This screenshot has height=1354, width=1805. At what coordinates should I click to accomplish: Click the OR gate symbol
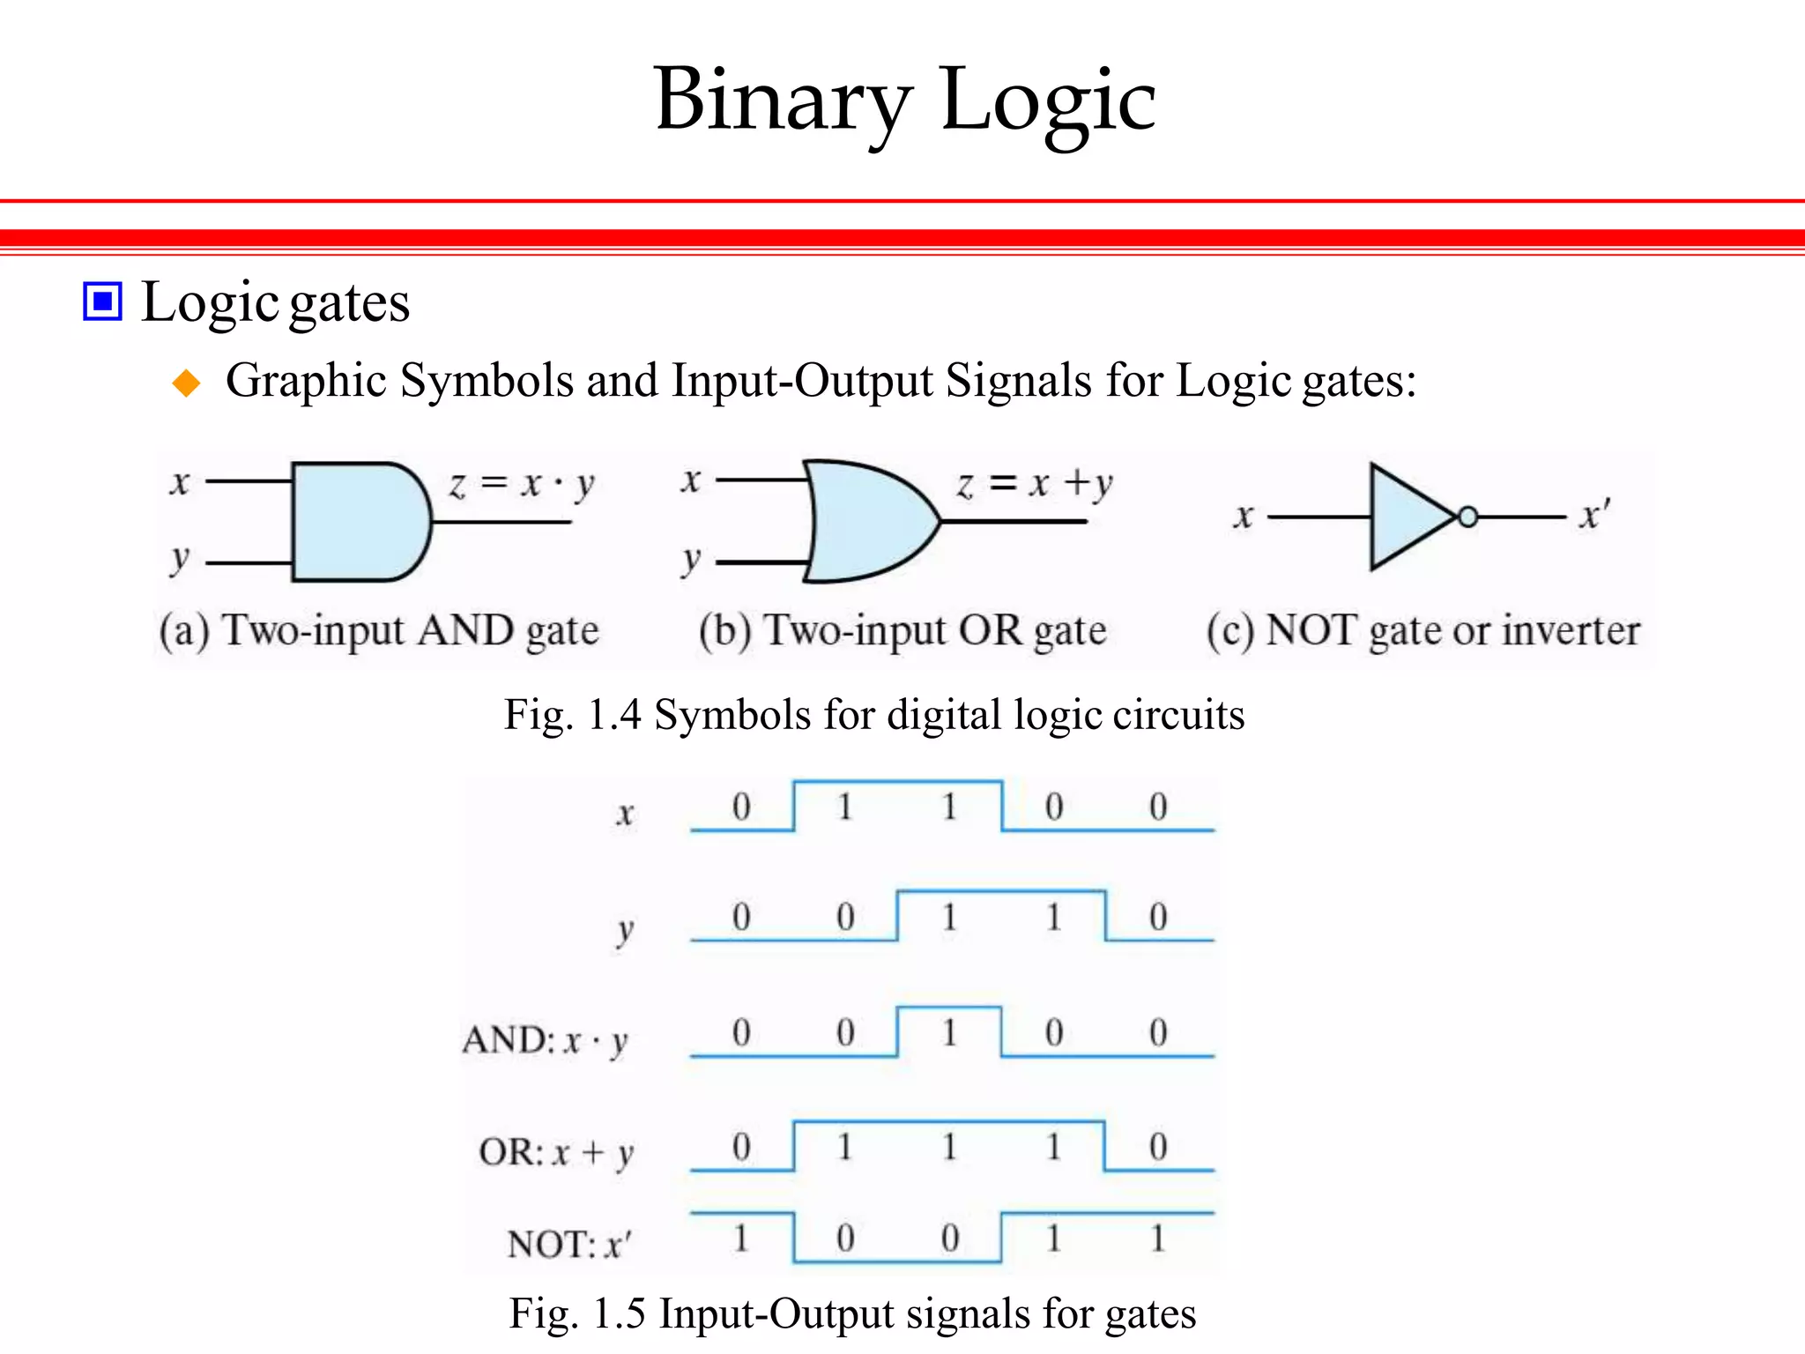click(x=868, y=521)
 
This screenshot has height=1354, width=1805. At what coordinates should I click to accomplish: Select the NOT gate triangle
click(x=1408, y=517)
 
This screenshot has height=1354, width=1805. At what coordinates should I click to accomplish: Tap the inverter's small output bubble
click(x=1467, y=517)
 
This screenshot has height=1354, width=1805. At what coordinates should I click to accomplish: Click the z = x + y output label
click(x=1035, y=483)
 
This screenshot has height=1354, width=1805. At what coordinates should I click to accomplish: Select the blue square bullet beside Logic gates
click(x=102, y=302)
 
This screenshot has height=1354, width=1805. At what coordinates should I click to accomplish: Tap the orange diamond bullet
click(x=187, y=383)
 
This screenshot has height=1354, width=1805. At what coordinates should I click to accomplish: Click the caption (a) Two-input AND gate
click(x=379, y=631)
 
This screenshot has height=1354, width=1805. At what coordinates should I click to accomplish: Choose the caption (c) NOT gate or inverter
click(x=1422, y=631)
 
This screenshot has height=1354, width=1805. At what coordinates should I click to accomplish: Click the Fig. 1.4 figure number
click(x=572, y=715)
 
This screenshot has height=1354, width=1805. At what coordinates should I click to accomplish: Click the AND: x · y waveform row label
click(x=545, y=1041)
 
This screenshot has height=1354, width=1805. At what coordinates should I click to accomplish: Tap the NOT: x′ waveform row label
click(x=569, y=1244)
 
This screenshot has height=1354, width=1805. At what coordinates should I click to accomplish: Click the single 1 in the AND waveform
click(x=949, y=1032)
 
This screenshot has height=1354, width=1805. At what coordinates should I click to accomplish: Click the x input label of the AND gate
click(x=180, y=483)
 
